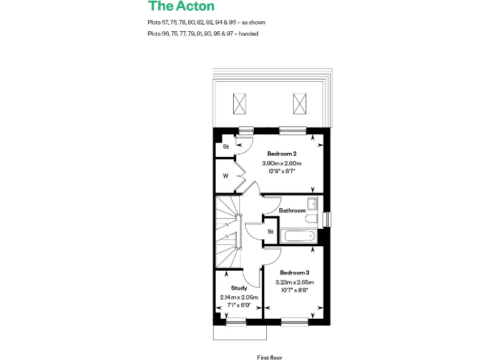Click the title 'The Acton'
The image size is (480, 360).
181,7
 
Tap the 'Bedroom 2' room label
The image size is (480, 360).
281,153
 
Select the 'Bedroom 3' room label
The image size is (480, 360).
294,272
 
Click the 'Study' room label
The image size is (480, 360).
239,288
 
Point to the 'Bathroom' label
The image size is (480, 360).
292,211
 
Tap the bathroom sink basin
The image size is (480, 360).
312,203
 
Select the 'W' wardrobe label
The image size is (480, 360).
226,176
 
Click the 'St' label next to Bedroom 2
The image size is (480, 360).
226,147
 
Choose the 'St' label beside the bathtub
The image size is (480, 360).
270,231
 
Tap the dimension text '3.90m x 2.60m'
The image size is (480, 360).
281,163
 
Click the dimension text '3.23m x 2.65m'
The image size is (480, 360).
294,282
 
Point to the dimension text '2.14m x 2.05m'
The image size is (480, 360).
239,297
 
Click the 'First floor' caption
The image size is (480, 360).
269,357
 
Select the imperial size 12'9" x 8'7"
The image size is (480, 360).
281,171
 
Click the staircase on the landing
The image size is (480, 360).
228,231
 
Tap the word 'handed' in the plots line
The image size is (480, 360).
249,34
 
